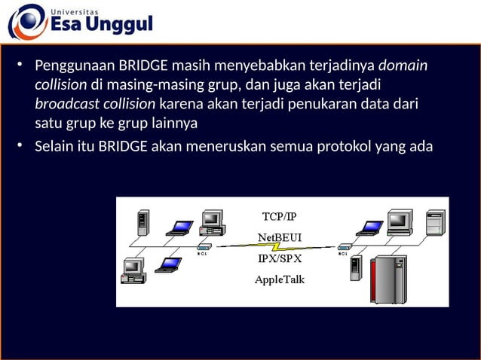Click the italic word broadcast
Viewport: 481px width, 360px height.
(65, 104)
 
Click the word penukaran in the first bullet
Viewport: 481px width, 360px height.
(326, 104)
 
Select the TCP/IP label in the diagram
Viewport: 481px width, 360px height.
(279, 216)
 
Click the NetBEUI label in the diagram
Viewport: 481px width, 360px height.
(279, 236)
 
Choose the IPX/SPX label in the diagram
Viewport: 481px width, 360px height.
(279, 258)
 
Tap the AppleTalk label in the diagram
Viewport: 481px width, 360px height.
(279, 279)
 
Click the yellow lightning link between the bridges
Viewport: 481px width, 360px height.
(279, 246)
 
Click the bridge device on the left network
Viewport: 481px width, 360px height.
(204, 246)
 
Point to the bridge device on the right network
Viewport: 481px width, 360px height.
(345, 246)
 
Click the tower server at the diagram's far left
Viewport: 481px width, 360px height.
(142, 224)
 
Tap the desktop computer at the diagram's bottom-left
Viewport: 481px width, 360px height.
(133, 270)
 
